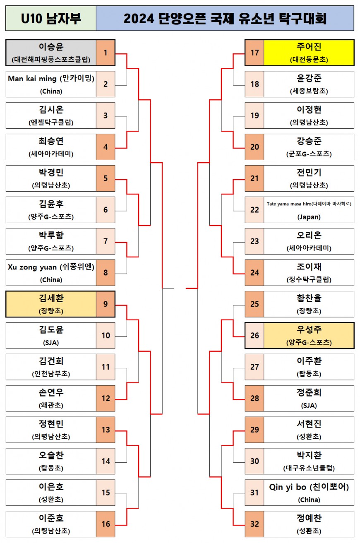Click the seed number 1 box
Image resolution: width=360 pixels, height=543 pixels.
[x=106, y=53]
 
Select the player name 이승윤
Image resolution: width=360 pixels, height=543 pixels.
[x=51, y=47]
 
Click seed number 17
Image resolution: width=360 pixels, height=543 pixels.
[x=254, y=53]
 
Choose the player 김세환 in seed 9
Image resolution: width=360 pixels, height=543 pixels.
[x=51, y=298]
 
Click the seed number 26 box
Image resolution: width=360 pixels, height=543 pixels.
[x=254, y=335]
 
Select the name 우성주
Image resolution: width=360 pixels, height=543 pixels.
[x=309, y=330]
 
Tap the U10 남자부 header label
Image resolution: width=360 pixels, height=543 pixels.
[x=51, y=19]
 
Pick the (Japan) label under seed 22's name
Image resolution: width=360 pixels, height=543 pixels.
[x=309, y=217]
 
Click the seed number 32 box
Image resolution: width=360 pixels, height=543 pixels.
[x=254, y=524]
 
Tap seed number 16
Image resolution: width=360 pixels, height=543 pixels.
[x=106, y=524]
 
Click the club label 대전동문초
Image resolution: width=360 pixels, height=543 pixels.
[x=309, y=60]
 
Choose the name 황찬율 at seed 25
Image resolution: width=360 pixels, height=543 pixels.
[x=309, y=298]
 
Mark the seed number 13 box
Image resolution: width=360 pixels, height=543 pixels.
[x=106, y=430]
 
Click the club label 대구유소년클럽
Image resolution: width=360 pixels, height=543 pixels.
[x=309, y=468]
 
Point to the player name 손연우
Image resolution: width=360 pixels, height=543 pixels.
[x=51, y=393]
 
